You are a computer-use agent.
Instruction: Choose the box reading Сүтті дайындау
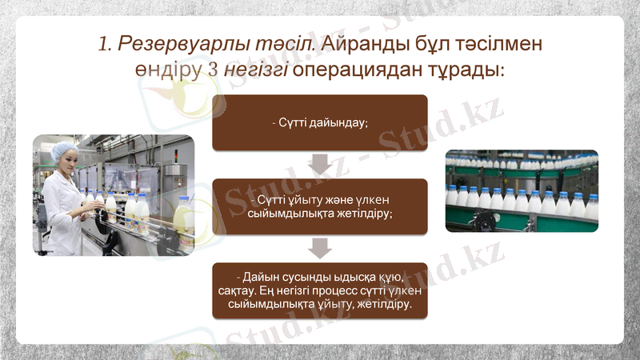319,122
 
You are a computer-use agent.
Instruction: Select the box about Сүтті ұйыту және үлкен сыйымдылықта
319,206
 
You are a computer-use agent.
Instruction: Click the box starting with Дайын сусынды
319,290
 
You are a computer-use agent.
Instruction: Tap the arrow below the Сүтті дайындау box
319,164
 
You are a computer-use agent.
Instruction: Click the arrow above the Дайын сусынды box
319,248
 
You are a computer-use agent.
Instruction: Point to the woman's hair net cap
62,150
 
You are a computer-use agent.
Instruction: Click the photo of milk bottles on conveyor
521,190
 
